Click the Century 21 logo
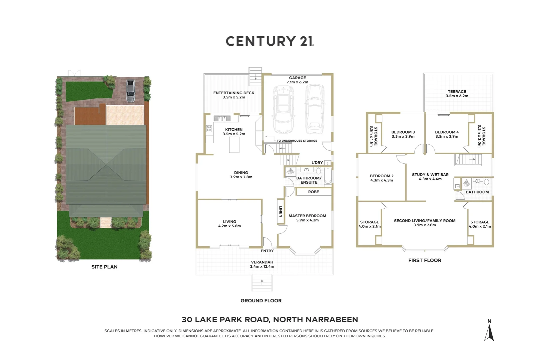click(270, 41)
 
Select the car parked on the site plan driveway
click(130, 91)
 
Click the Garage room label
click(297, 78)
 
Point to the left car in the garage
click(283, 109)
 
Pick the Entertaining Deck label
click(234, 93)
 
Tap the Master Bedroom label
click(307, 216)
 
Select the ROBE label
click(313, 192)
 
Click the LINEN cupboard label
click(280, 211)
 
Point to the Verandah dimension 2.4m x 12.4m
click(262, 267)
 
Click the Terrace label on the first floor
click(457, 92)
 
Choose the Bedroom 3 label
click(403, 132)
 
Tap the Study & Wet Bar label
click(430, 175)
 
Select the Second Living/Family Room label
click(424, 221)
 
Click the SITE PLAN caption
click(104, 267)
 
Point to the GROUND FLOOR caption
click(261, 301)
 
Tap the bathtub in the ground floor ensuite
click(328, 176)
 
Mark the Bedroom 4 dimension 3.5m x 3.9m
click(447, 137)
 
